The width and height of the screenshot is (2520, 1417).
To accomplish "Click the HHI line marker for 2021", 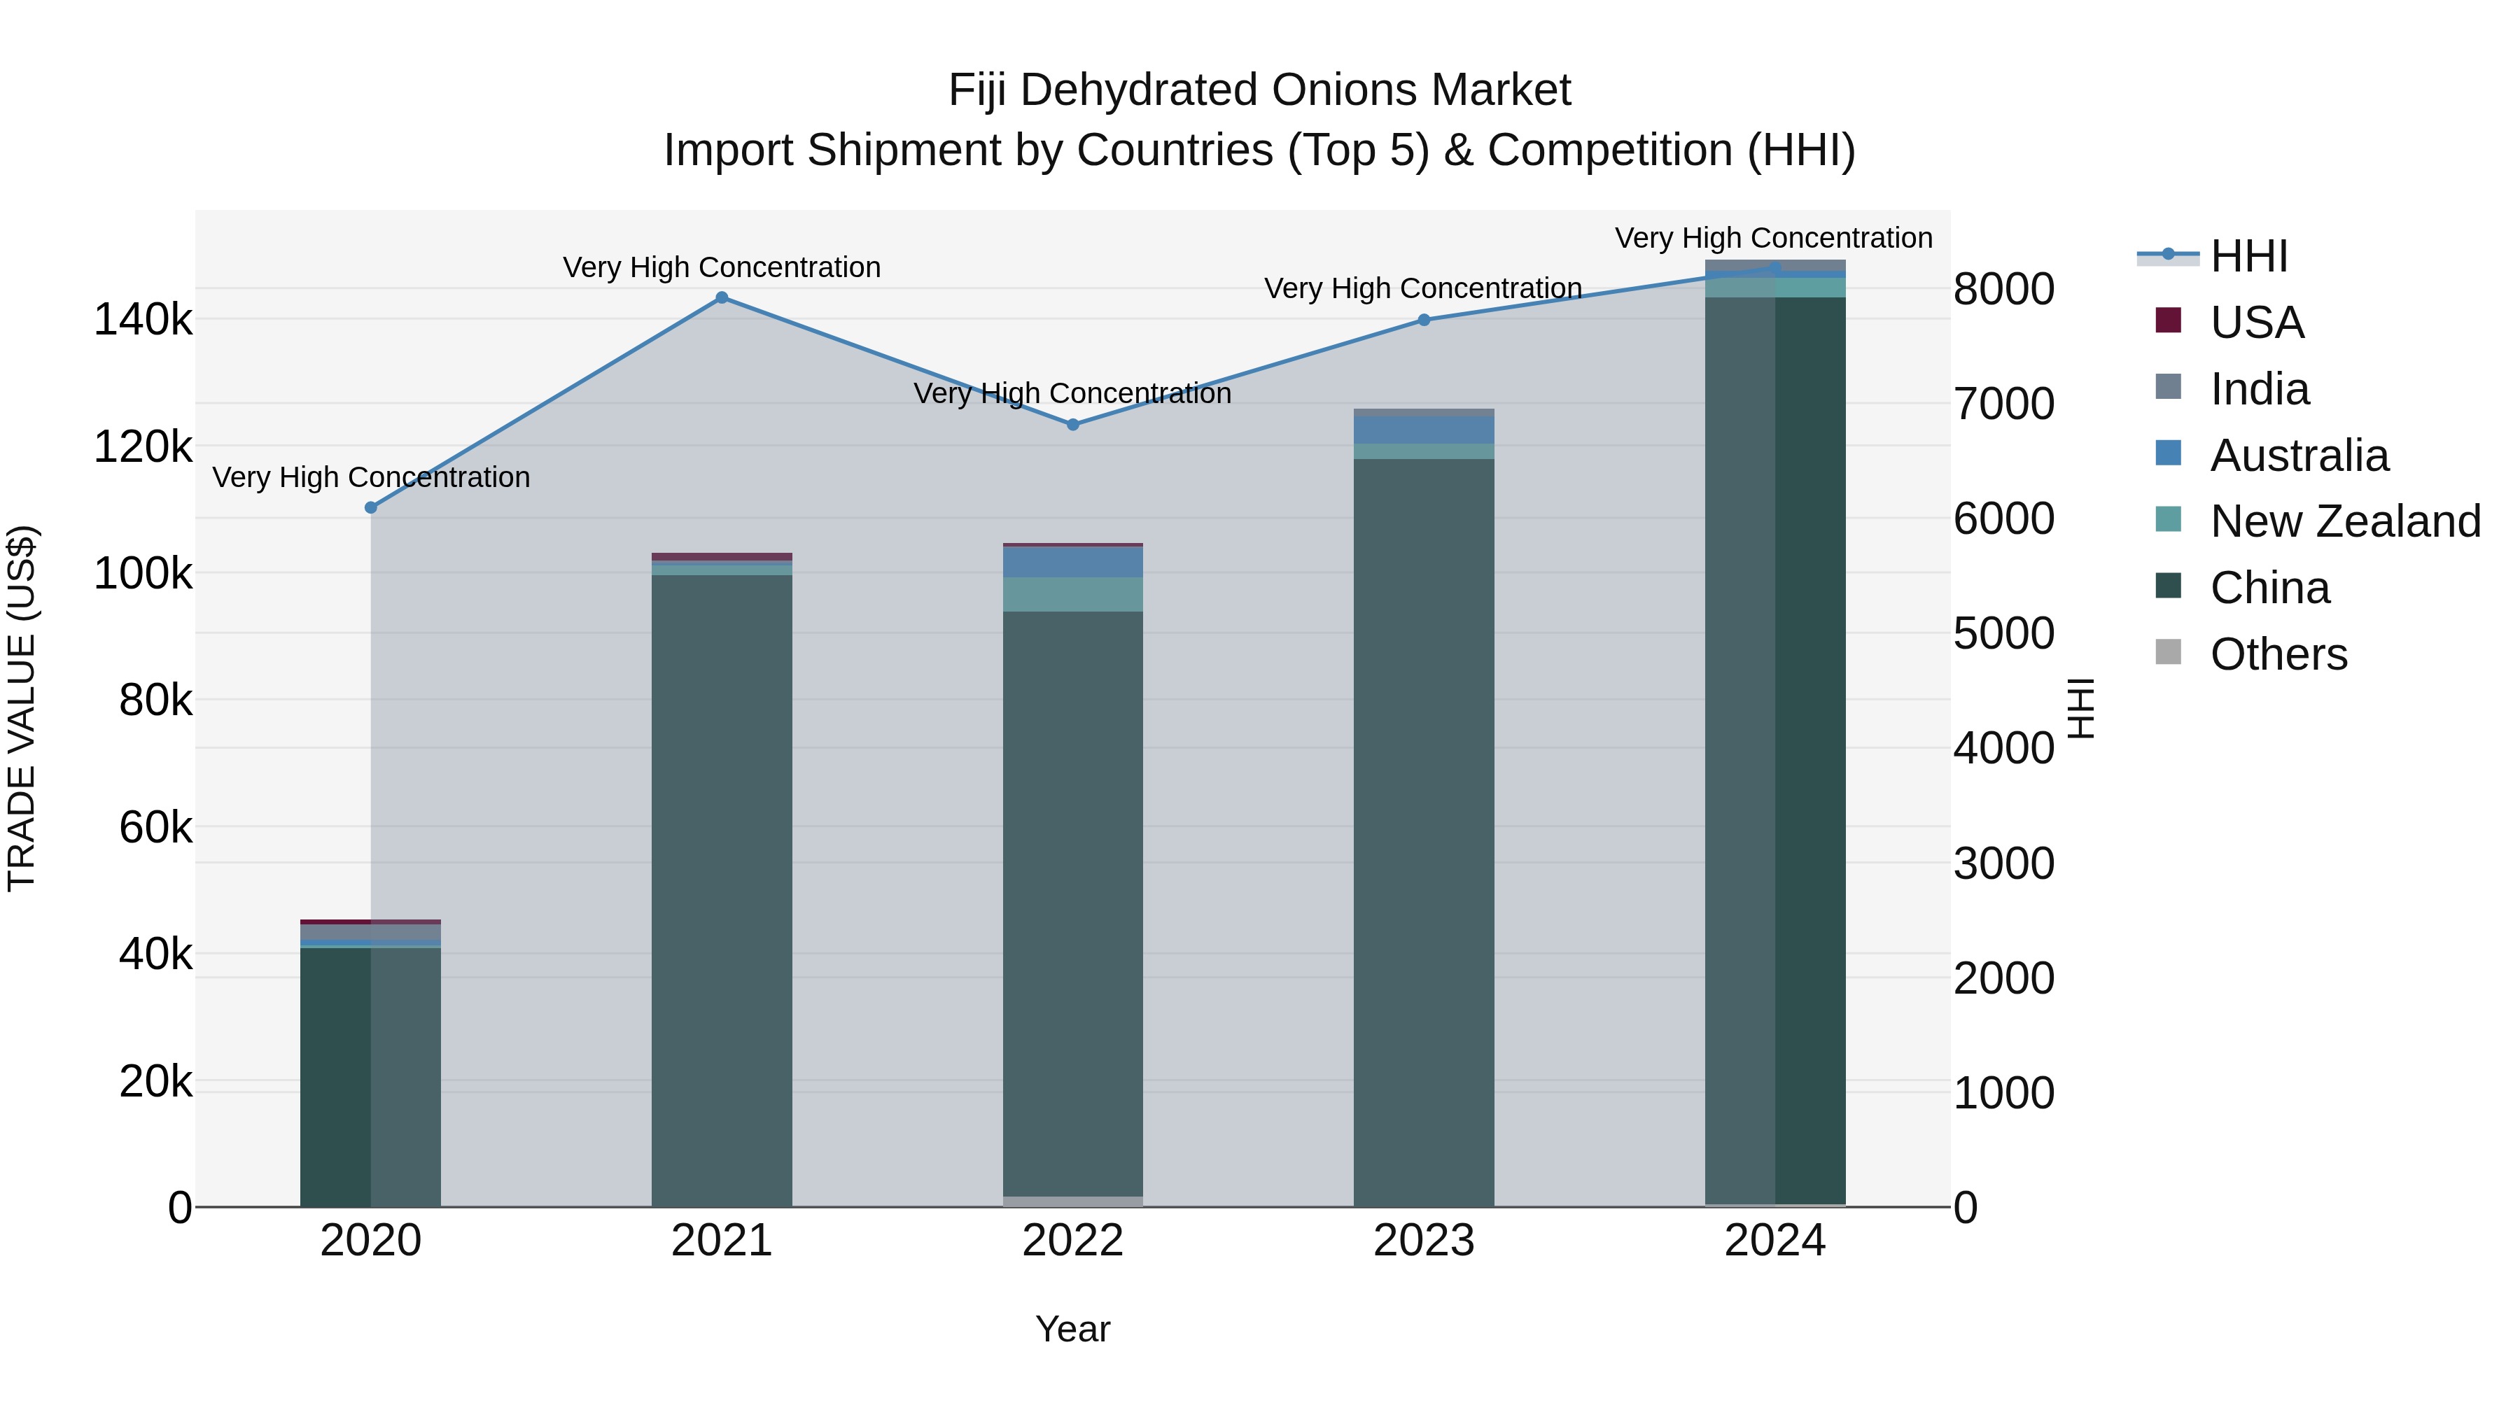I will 722,297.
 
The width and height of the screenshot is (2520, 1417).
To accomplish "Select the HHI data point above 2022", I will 1072,425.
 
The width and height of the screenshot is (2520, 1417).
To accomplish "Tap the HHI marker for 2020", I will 371,507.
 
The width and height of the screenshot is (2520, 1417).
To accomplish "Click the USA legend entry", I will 2256,323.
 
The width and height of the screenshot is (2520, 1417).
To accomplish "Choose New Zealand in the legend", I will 2344,521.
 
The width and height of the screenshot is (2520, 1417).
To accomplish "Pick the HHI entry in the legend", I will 2248,256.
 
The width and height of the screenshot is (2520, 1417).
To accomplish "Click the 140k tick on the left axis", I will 143,320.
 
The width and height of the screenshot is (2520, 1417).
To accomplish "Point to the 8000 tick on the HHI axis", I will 2003,290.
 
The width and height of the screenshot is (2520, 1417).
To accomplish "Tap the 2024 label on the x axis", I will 1774,1241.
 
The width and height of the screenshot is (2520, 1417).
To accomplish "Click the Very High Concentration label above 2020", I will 371,477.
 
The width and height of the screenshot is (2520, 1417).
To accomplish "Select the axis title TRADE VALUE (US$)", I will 22,708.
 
